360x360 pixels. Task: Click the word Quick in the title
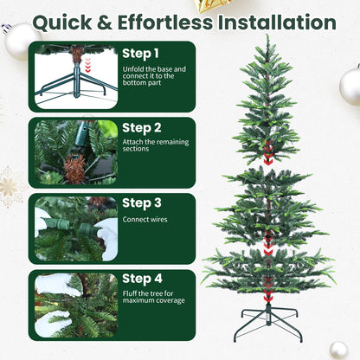click(66, 22)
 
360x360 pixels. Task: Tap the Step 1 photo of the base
click(75, 76)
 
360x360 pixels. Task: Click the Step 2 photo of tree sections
click(75, 152)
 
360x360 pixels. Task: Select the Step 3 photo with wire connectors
click(75, 228)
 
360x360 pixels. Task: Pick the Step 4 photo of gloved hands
click(75, 305)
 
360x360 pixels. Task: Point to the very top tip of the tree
click(267, 37)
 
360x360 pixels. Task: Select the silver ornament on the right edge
click(350, 87)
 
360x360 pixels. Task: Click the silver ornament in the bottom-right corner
click(338, 349)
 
